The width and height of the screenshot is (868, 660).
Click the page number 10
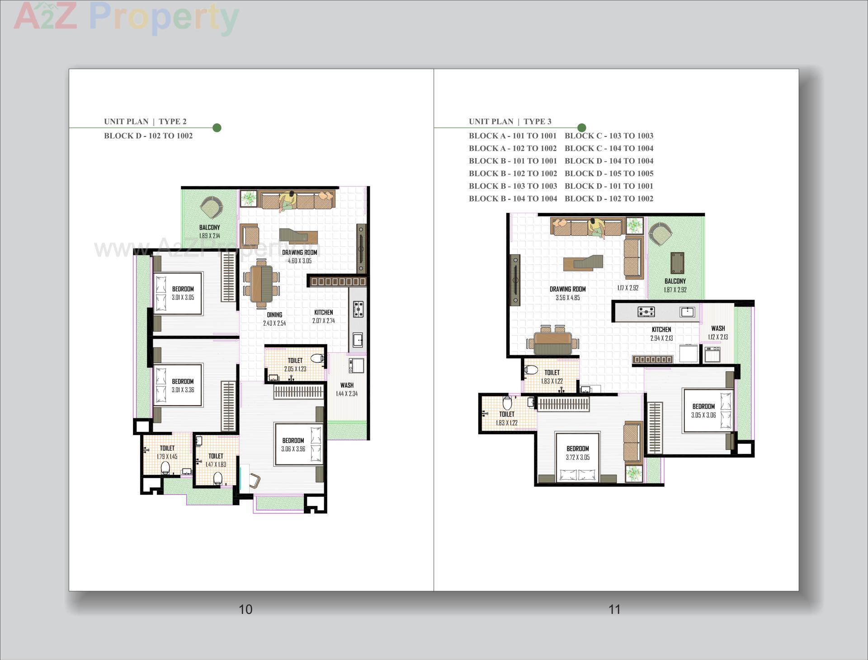245,609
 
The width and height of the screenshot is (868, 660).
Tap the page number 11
614,609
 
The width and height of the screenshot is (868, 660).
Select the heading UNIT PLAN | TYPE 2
145,121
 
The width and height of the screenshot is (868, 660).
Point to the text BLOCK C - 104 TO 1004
609,148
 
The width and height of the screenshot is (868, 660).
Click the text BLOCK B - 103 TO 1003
513,186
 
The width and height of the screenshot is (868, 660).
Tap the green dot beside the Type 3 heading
582,128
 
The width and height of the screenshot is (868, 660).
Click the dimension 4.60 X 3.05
299,261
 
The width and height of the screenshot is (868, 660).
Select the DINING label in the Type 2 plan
274,314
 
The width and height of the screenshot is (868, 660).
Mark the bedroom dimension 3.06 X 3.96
293,449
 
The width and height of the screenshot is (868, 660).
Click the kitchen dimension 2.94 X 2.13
661,338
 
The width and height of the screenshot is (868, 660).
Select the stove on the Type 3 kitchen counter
646,311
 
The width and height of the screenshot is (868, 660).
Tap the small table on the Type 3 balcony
677,263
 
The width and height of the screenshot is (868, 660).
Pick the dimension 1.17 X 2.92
627,287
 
